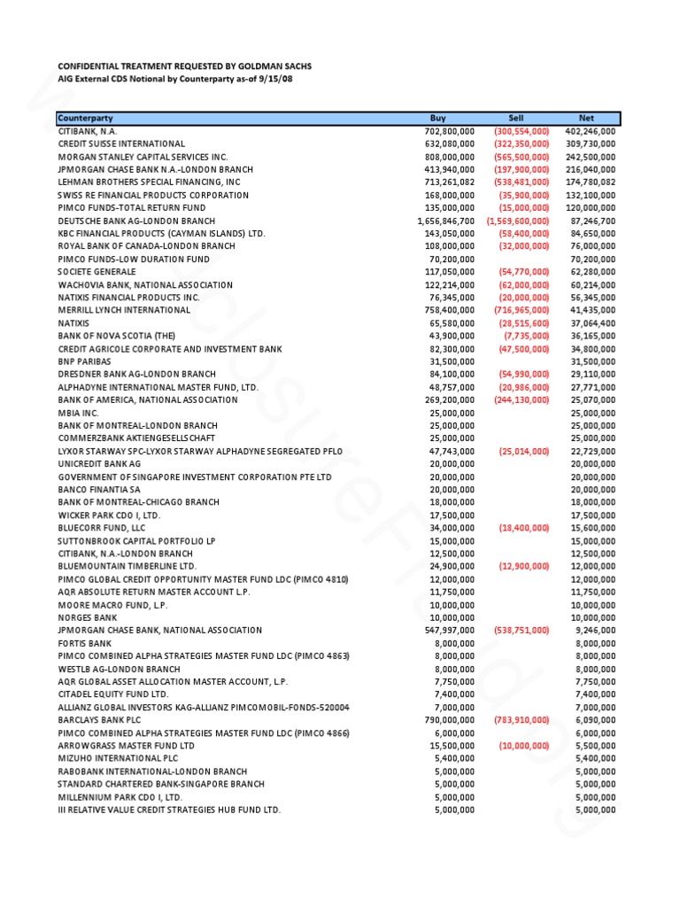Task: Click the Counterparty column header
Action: tap(86, 118)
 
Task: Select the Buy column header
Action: tap(437, 118)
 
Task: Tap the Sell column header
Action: tap(516, 118)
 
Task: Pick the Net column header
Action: tap(586, 118)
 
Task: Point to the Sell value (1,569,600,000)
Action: tap(518, 221)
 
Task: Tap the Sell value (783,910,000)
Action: tap(521, 720)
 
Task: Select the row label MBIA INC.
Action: tap(78, 413)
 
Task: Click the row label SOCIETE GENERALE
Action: tap(97, 272)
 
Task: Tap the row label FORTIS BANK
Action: tap(85, 643)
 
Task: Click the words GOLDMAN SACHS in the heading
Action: tap(273, 66)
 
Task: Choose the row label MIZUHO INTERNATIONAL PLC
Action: tap(118, 759)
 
